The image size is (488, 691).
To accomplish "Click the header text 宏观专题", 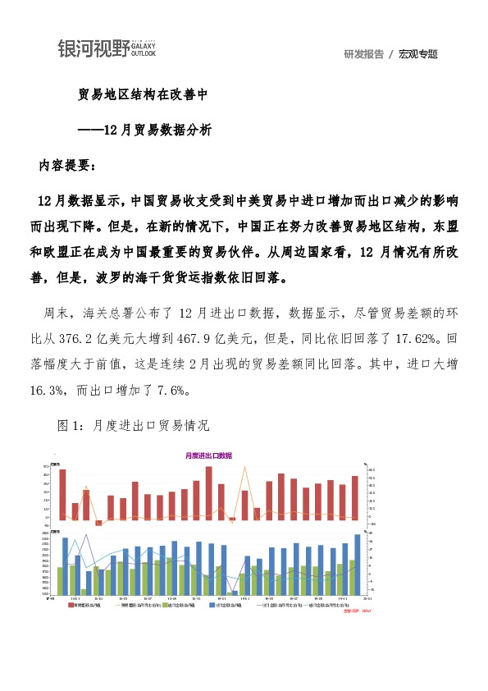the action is pos(418,54).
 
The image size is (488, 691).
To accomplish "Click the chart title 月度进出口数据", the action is pos(208,455).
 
